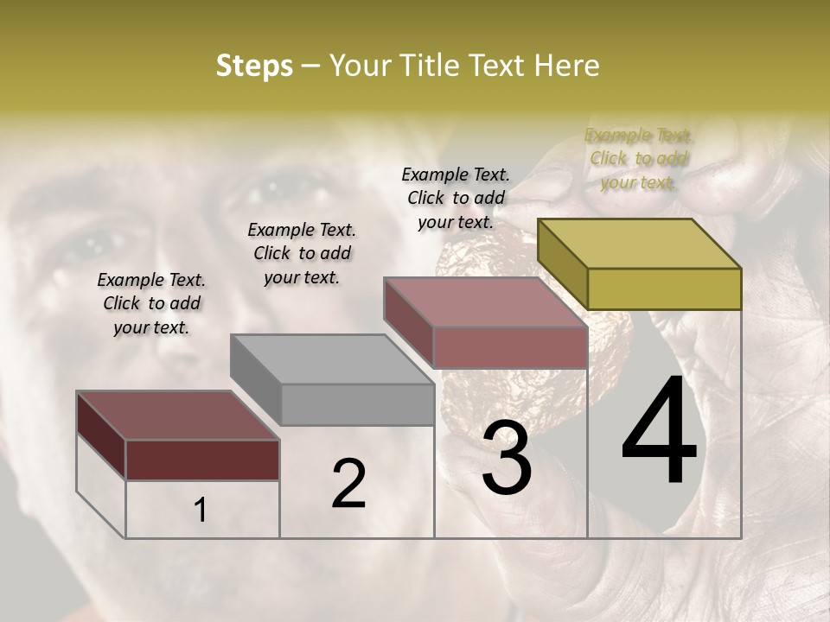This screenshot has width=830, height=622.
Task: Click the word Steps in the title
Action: tap(254, 66)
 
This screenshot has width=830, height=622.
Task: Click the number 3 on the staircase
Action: tap(507, 457)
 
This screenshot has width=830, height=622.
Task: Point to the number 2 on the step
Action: tap(348, 484)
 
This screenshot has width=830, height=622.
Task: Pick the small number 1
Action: tap(200, 511)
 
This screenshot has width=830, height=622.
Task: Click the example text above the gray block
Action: tap(302, 253)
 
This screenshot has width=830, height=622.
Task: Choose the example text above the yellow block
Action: tap(638, 158)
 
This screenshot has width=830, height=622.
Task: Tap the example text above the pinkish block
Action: tap(456, 198)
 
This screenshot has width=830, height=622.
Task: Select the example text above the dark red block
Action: tap(151, 303)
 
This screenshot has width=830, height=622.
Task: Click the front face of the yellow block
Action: tap(664, 289)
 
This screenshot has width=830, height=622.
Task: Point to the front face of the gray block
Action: tap(357, 404)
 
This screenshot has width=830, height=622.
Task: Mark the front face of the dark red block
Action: tap(202, 460)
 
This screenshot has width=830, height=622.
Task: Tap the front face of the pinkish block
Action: tap(510, 347)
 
